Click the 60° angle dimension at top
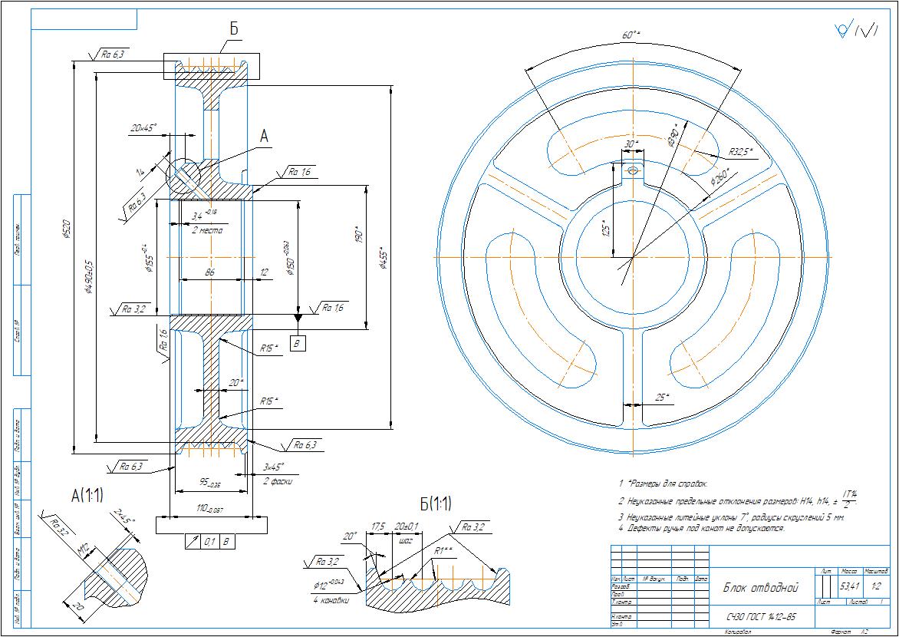(x=631, y=35)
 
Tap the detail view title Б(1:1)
(x=435, y=505)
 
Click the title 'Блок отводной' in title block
(x=760, y=588)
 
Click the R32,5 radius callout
(x=741, y=151)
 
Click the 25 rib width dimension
(x=661, y=398)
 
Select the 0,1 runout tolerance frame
(x=209, y=541)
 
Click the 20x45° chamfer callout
(x=143, y=127)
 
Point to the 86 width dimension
(x=210, y=272)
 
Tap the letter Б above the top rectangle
(x=234, y=28)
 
